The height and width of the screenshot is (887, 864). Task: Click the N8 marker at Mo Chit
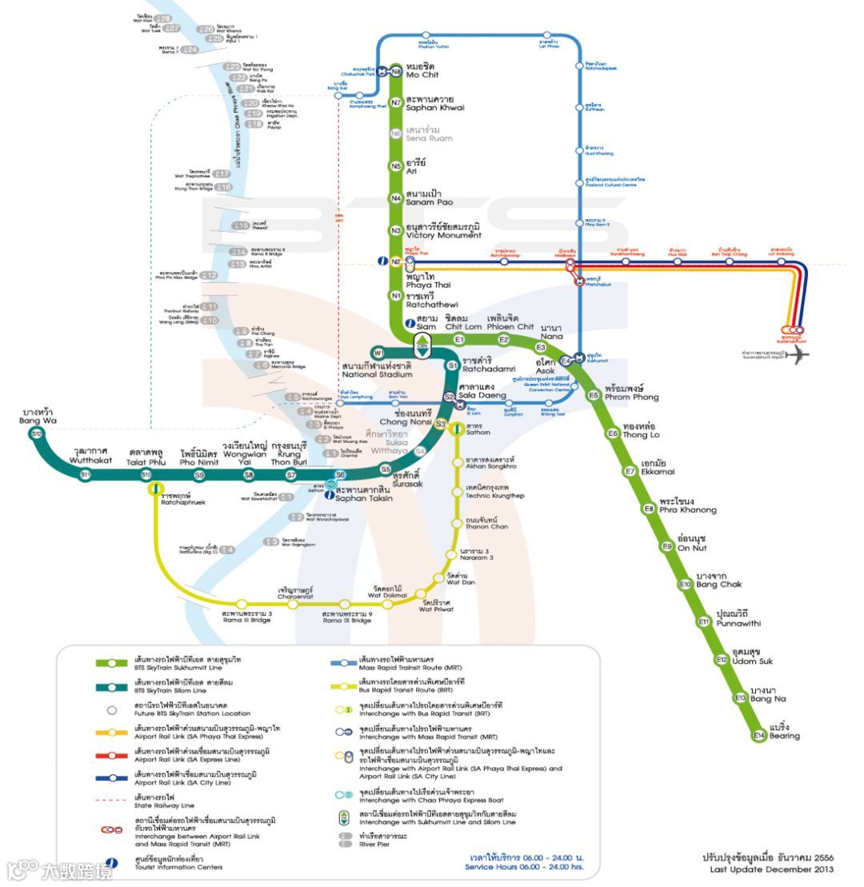396,71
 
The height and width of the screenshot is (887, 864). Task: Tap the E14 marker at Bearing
759,735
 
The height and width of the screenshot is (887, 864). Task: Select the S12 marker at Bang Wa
36,434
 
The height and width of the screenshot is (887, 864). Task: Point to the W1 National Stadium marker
379,353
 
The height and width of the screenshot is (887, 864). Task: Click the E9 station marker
666,546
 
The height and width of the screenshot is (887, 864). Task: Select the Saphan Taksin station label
364,493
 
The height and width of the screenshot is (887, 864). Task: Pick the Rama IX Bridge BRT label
347,617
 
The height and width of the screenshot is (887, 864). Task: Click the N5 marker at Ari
396,166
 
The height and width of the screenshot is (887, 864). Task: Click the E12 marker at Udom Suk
722,660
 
